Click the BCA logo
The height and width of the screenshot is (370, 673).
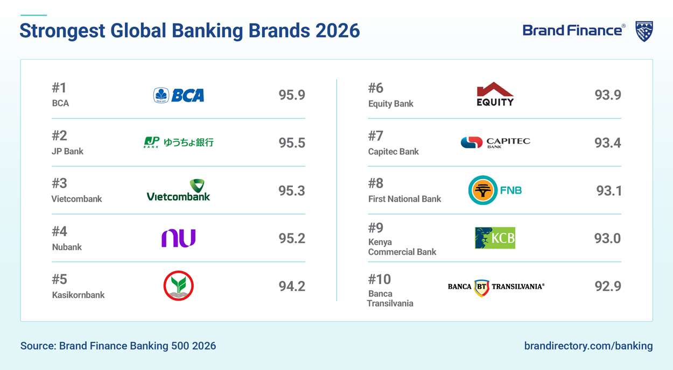pos(179,95)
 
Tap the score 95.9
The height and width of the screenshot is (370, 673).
pos(292,95)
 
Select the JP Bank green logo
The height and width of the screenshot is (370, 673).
pos(179,143)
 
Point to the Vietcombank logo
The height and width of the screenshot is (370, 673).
pos(179,190)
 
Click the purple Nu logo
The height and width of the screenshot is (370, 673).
pos(179,238)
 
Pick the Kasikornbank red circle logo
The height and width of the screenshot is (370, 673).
pos(179,286)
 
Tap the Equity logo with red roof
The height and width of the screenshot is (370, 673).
pos(495,95)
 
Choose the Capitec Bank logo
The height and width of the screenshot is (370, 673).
pos(495,143)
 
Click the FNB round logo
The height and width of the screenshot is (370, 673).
pos(495,190)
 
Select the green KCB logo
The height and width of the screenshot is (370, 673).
pos(495,238)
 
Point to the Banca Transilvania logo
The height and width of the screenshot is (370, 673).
pos(496,287)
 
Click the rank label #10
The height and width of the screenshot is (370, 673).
pos(379,279)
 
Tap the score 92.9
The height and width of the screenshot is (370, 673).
pos(608,286)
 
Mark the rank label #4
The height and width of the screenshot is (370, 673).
pos(59,231)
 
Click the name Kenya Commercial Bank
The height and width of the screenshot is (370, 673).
pos(402,247)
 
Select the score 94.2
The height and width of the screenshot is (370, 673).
pos(292,286)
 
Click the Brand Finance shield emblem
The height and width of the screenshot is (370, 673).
pos(644,31)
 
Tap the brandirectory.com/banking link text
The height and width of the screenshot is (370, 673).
pos(588,346)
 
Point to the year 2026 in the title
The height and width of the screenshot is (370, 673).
pos(338,31)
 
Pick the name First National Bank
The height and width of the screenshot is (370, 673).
pos(404,199)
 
